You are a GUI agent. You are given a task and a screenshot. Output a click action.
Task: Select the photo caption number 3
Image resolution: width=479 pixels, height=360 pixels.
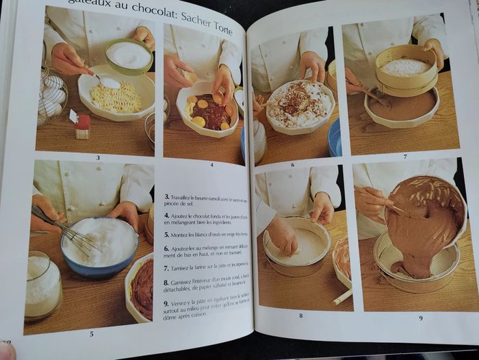point(97,157)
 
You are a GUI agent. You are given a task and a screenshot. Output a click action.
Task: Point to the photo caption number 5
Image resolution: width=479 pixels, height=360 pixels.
point(92,333)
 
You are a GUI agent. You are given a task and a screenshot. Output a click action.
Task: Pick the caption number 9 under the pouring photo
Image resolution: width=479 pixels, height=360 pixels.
point(420,318)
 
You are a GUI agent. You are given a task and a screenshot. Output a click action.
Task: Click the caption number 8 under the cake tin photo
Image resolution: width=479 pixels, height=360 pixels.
point(300,316)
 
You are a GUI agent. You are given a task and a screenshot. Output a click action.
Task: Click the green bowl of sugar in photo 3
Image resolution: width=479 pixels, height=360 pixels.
point(129,55)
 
